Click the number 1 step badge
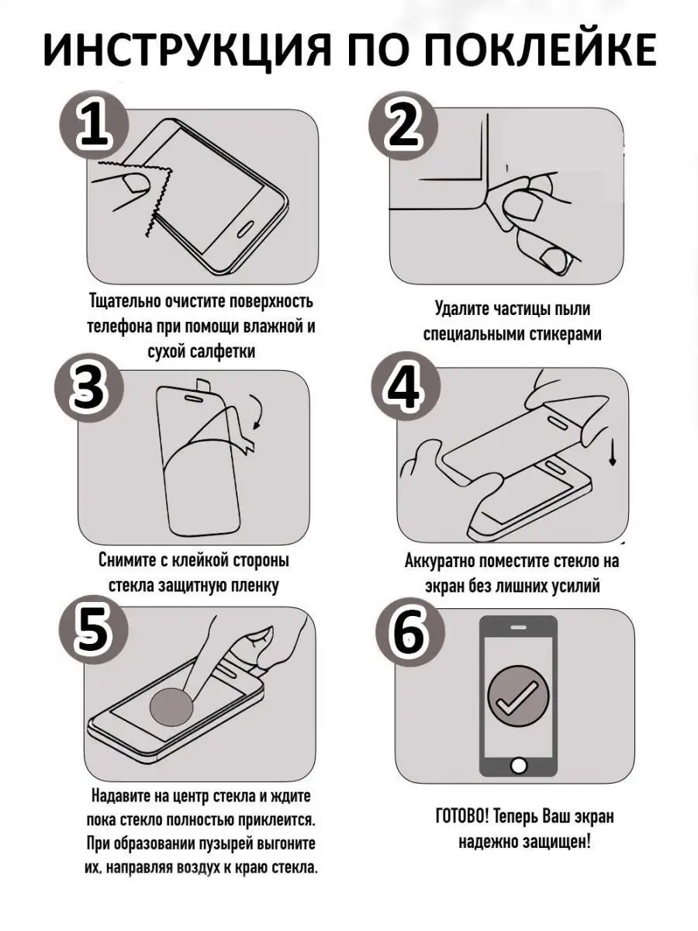[x=95, y=126]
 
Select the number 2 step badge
[x=403, y=126]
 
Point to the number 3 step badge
[x=89, y=387]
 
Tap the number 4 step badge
[x=406, y=387]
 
